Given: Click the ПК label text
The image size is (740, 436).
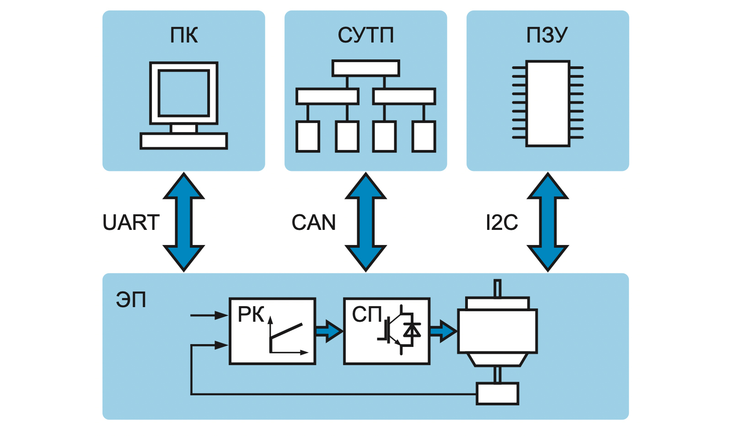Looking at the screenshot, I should [184, 35].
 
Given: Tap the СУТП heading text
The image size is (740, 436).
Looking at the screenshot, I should [365, 35].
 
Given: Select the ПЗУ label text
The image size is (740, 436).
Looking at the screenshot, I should [547, 35].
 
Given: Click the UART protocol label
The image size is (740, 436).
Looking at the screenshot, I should [131, 223].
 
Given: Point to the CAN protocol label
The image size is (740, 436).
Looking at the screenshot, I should [314, 223].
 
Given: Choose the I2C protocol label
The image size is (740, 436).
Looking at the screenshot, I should [502, 223].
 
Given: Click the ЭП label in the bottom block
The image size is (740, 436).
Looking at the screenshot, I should [131, 300].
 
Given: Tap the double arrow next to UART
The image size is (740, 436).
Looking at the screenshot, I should [184, 222].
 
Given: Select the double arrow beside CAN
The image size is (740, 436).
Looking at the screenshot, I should [366, 222].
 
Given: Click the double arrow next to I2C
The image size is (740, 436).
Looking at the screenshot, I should [548, 222].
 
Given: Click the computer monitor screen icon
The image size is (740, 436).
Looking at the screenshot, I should [184, 93].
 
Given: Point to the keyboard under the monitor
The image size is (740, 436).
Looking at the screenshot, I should [184, 141].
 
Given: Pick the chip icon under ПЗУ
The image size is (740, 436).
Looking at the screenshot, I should [548, 103].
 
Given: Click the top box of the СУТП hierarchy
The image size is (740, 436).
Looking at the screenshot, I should [366, 69].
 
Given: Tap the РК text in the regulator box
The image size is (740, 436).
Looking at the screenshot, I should [251, 314].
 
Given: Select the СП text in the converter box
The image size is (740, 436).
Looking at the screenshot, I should [367, 314].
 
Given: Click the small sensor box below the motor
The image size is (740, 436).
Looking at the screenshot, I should [497, 394].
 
